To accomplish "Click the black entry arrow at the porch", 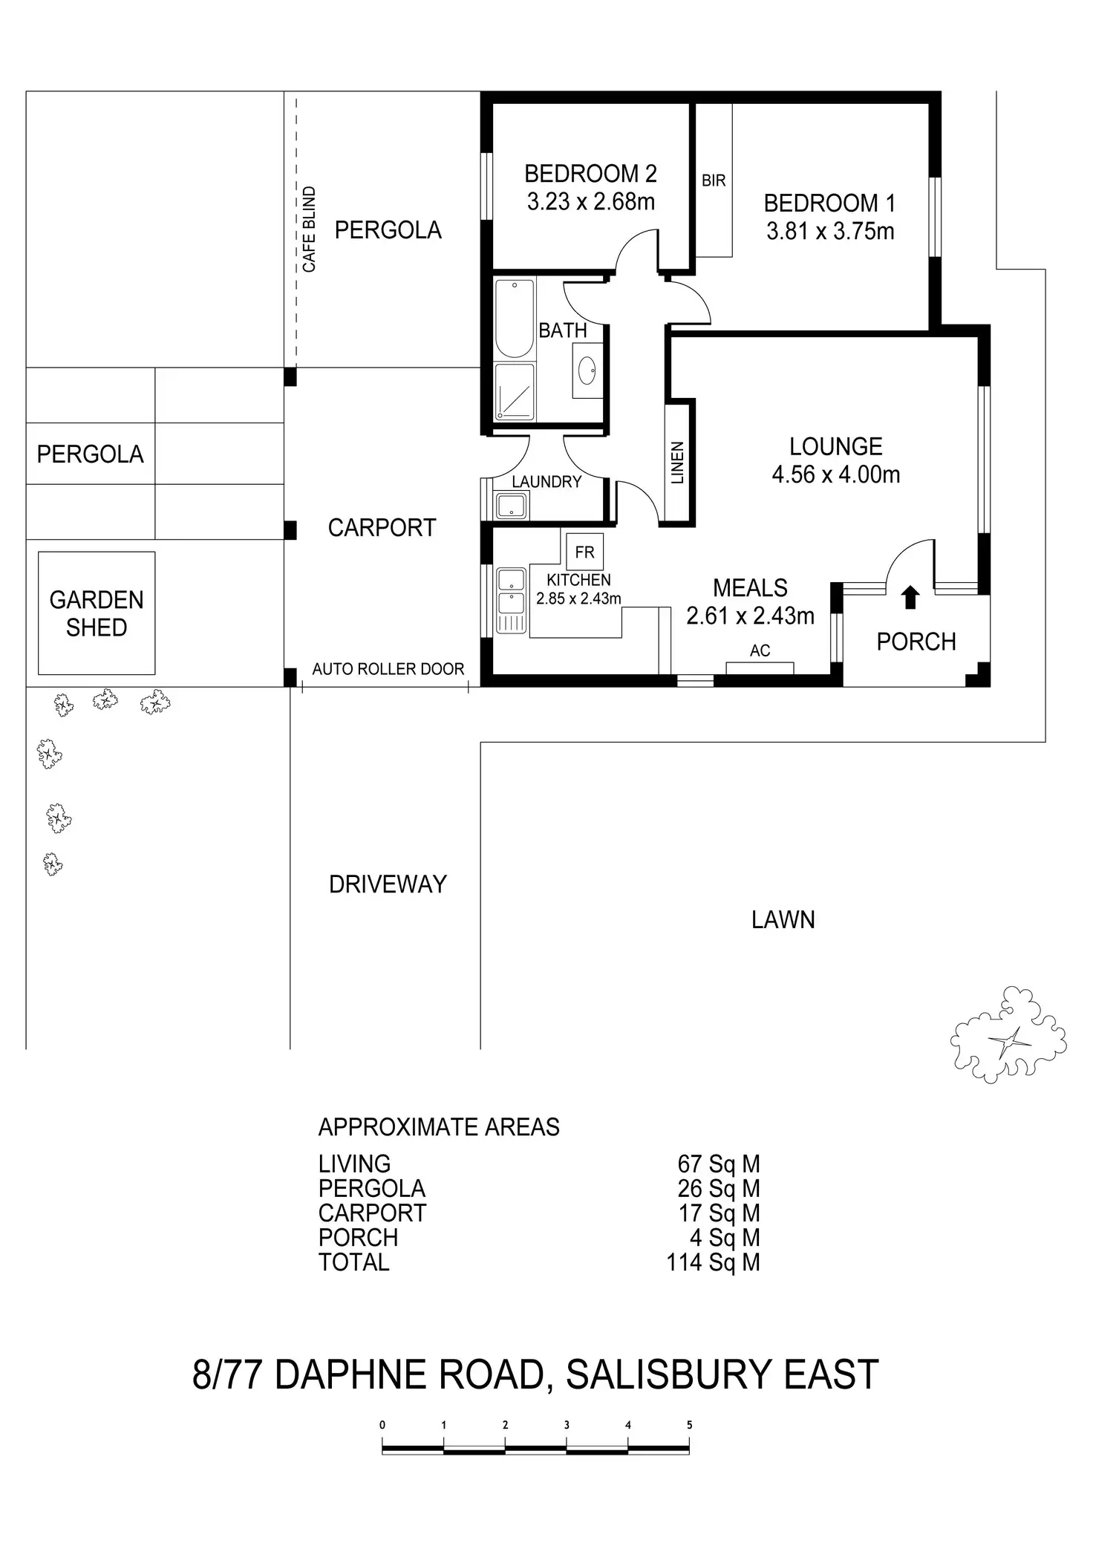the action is [x=910, y=598].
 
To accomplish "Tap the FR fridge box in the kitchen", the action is [x=585, y=552].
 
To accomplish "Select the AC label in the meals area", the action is [x=760, y=651].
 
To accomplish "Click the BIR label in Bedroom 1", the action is [x=714, y=180].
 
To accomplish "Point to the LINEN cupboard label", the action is [x=677, y=463].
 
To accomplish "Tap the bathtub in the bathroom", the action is [x=515, y=319].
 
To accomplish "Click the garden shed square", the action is [x=97, y=613].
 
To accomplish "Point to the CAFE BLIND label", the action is [x=309, y=229].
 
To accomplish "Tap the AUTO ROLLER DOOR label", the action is [x=388, y=669].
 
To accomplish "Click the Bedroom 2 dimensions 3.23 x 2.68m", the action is [x=591, y=202].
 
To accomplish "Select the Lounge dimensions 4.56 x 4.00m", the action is [x=836, y=474].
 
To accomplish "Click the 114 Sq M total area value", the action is [x=713, y=1262].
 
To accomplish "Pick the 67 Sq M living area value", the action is [x=719, y=1164].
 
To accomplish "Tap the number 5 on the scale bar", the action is [x=690, y=1425].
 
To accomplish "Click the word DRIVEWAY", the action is [x=388, y=884].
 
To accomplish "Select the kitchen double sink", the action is [x=511, y=600].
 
